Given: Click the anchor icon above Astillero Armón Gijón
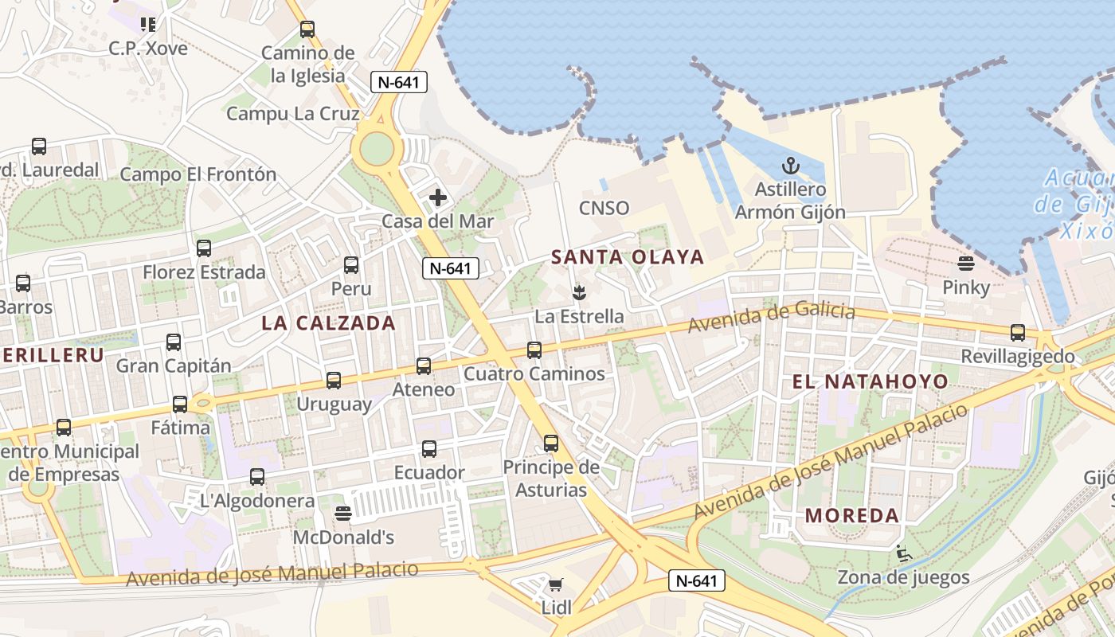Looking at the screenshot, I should (790, 166).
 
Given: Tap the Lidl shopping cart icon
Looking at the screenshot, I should (556, 586).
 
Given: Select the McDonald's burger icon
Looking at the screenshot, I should (343, 514).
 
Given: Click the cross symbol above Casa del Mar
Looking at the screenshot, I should (438, 197).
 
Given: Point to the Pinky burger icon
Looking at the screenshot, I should (966, 264).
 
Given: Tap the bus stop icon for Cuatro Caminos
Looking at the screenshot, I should (534, 350).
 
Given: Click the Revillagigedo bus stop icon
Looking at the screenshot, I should (1017, 333).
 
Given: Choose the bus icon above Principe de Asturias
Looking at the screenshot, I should (551, 444).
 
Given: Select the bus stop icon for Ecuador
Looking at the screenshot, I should (429, 449).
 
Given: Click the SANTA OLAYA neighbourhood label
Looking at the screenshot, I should (628, 257).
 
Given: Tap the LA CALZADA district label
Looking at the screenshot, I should (328, 322).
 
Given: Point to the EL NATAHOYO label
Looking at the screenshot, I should (870, 381).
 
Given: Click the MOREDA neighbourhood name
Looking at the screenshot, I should (852, 515).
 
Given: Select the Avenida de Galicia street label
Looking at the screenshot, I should (772, 316).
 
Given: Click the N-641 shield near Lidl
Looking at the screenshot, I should (696, 580).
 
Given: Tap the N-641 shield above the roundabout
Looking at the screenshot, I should (399, 81).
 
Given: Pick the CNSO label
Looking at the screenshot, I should (604, 209).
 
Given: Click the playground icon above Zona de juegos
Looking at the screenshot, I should (903, 553).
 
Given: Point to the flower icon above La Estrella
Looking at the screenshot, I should (579, 292).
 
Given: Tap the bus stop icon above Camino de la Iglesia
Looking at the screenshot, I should (307, 29).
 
